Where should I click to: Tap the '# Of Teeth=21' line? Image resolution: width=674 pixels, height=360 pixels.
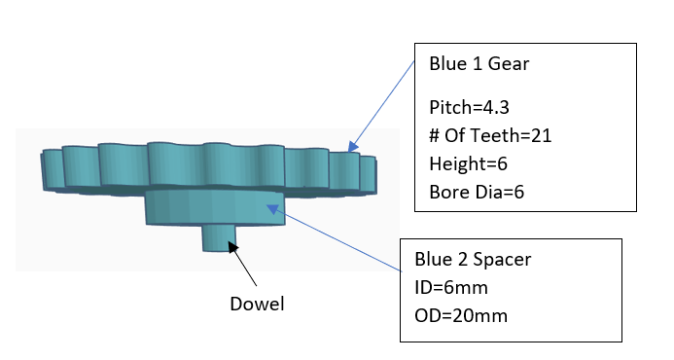point(490,136)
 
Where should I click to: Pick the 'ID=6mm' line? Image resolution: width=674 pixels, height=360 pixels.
point(445,288)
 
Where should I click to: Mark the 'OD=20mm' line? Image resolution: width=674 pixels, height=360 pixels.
point(453,315)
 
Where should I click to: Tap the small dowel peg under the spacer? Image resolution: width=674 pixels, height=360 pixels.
point(219,237)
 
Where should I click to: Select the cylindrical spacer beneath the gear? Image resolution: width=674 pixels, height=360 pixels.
point(215,207)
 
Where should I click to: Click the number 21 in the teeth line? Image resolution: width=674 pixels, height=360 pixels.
point(542,136)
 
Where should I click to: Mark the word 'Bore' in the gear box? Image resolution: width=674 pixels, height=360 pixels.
point(446,192)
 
